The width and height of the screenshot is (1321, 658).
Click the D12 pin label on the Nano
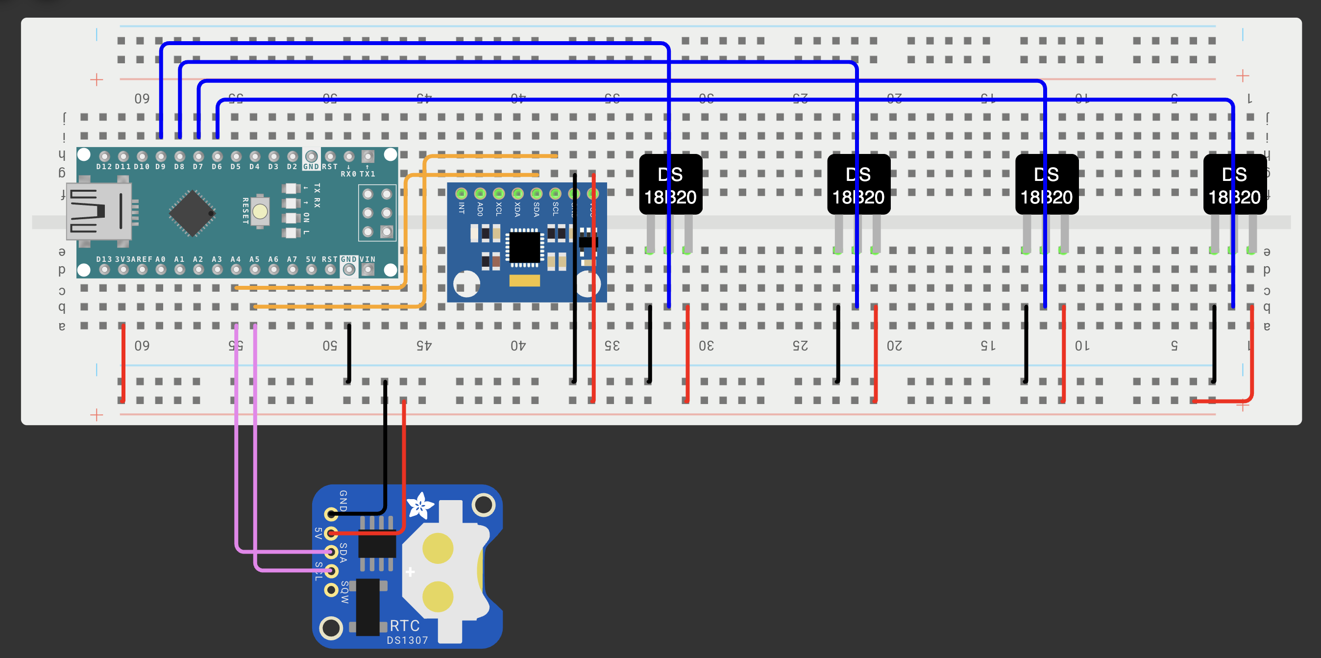[x=103, y=167]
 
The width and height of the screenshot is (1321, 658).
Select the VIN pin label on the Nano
[x=367, y=259]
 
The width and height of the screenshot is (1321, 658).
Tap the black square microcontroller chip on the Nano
[x=192, y=213]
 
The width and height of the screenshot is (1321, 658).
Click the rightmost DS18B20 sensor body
[x=1234, y=185]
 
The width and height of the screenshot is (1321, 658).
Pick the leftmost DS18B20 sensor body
[x=670, y=185]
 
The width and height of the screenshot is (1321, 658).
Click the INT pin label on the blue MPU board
[x=461, y=208]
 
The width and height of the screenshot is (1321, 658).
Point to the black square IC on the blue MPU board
[x=524, y=248]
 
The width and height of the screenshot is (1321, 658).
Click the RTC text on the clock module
[x=405, y=626]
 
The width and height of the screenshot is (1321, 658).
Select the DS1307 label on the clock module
[x=407, y=640]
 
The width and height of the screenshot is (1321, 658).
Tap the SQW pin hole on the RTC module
[x=331, y=590]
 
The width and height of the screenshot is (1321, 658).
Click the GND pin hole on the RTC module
[x=331, y=513]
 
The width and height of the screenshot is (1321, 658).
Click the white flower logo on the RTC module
[x=420, y=506]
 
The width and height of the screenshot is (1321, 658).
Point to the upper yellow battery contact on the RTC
[x=438, y=548]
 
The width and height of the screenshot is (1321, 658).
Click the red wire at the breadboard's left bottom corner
[x=123, y=362]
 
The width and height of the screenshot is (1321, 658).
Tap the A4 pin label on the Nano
[x=235, y=259]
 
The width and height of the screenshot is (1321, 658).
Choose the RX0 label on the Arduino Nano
[x=348, y=174]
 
